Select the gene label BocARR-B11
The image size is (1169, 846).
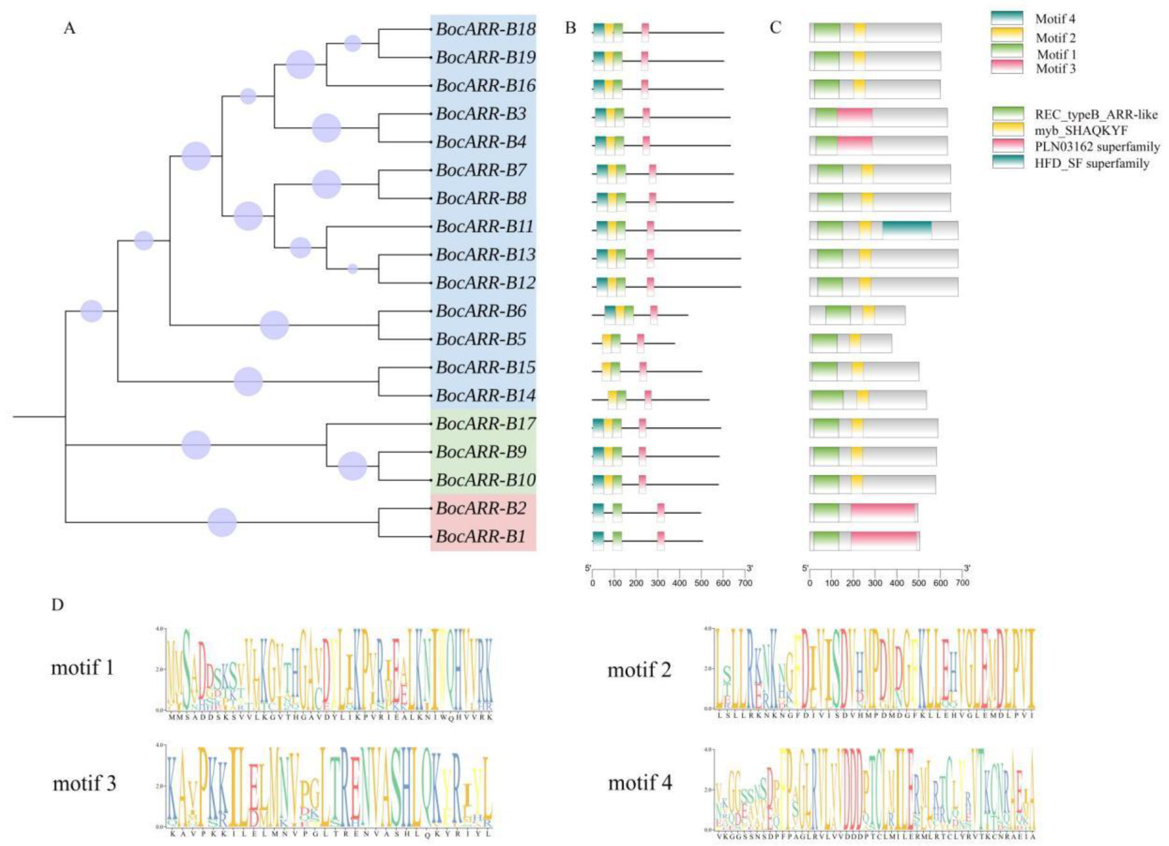(x=484, y=226)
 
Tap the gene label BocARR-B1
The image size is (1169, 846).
(x=481, y=537)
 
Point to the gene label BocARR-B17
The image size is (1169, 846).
(x=485, y=424)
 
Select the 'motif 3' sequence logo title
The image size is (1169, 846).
(x=84, y=784)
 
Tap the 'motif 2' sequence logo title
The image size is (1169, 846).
(x=639, y=670)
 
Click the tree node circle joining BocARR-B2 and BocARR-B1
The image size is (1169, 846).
(x=222, y=522)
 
